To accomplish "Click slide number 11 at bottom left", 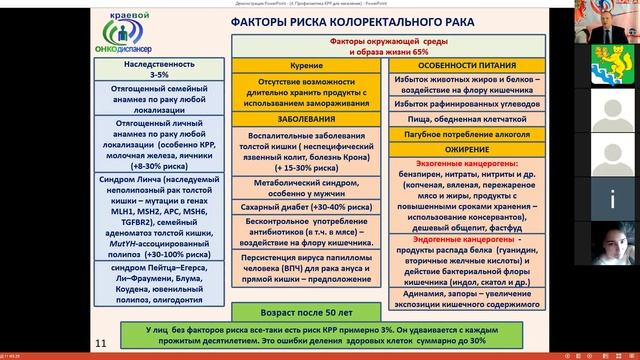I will [99, 344].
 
